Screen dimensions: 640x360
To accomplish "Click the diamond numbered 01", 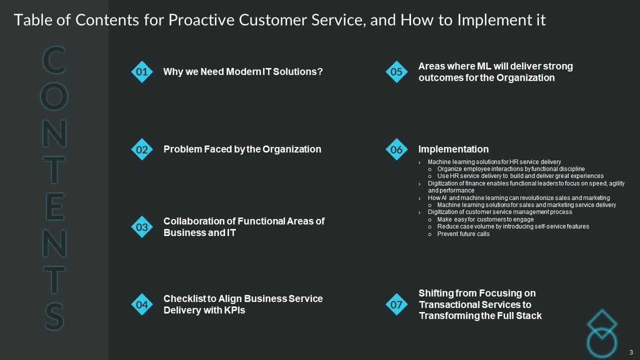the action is tap(142, 71).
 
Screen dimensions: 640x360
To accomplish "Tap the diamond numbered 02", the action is tap(142, 149).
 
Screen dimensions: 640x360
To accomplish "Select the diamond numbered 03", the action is tap(142, 227).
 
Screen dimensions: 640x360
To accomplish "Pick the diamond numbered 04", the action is tap(142, 304).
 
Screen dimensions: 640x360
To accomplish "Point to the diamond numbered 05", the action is tap(396, 71).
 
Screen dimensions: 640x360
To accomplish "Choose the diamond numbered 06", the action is tap(396, 149).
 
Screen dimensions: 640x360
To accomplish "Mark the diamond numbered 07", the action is tap(396, 304).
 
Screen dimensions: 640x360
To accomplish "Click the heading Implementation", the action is tap(453, 149).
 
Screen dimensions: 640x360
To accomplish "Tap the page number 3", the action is tap(631, 352).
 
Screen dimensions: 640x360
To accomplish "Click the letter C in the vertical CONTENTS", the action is tap(54, 59).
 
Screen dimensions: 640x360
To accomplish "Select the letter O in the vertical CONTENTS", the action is tap(54, 96).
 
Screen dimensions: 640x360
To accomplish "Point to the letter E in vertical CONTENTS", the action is tap(55, 206).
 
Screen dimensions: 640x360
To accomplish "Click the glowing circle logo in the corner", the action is tap(601, 342).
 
